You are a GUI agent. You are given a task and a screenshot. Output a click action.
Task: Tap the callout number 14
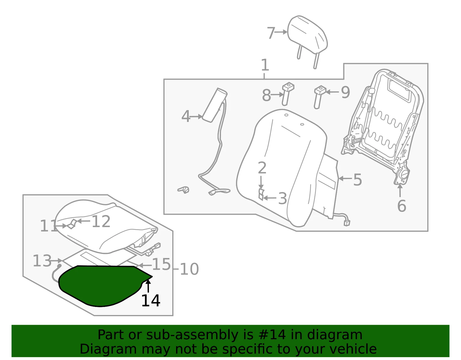[151, 301]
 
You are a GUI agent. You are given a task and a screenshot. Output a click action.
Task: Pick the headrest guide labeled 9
[319, 97]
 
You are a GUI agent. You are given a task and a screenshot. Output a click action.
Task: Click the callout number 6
[402, 206]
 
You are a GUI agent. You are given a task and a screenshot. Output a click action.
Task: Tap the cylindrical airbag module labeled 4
[214, 105]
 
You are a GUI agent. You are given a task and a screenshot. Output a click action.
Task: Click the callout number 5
[358, 180]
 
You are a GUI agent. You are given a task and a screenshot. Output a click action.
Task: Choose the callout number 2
[262, 168]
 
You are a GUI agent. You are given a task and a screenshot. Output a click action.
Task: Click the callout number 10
[189, 269]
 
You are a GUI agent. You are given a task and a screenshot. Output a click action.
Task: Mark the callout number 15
[161, 264]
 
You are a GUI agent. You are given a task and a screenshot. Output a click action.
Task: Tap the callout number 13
[42, 261]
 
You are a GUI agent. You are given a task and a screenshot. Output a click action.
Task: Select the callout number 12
[101, 221]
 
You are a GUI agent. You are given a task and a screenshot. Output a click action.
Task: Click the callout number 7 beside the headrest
[271, 33]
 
